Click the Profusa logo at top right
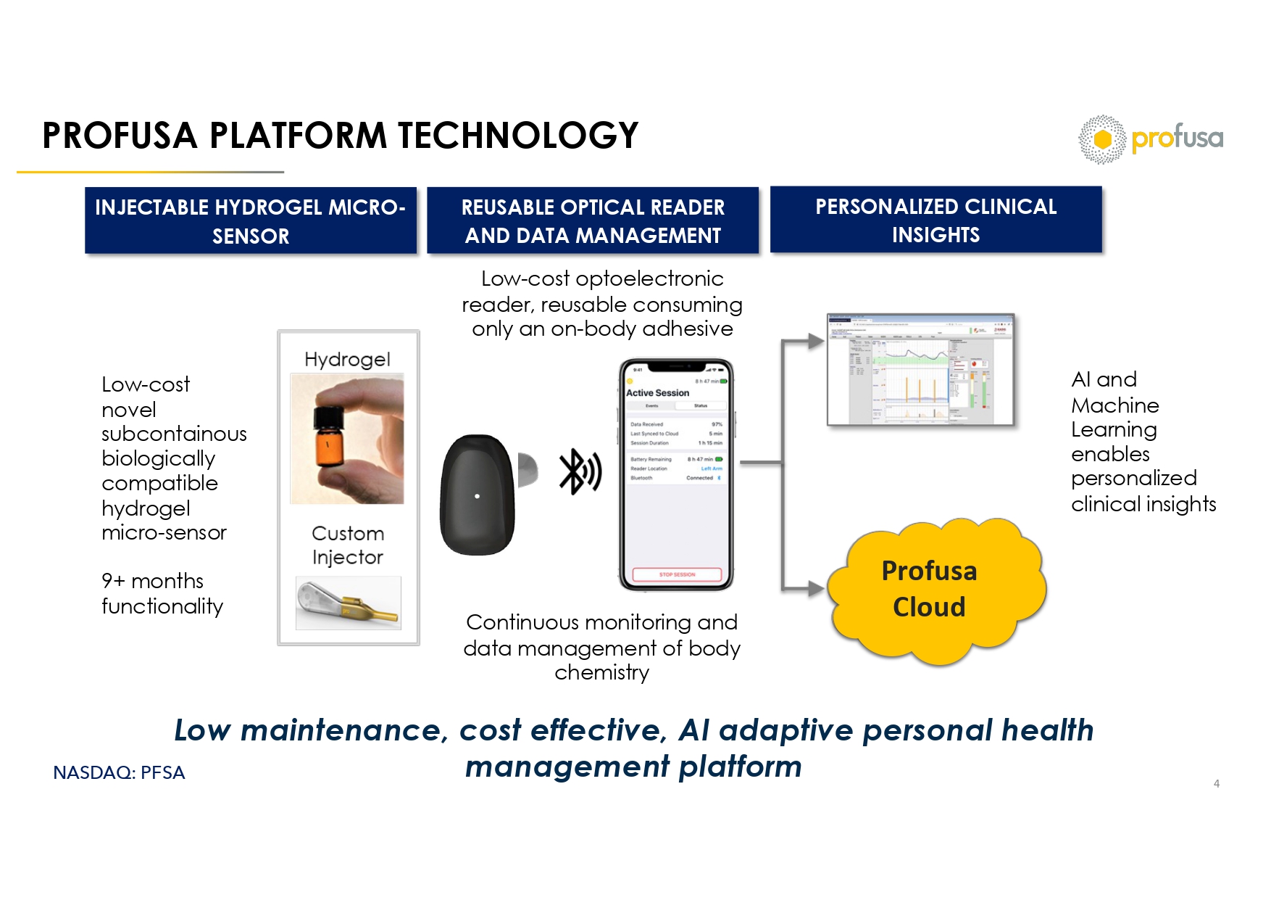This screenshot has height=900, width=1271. (x=1150, y=139)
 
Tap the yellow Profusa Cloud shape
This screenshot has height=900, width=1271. (x=935, y=590)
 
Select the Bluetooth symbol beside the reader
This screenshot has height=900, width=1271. (x=579, y=471)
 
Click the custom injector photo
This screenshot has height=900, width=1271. (x=348, y=603)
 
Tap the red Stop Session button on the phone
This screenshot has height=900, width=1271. (x=677, y=574)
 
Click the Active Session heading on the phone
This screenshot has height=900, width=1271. (x=657, y=393)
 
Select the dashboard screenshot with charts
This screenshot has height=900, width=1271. (x=920, y=369)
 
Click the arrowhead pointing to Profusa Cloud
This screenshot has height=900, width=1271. (x=815, y=589)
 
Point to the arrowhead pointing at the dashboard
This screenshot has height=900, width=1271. (x=815, y=340)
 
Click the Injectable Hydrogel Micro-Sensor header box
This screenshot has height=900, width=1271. (x=251, y=220)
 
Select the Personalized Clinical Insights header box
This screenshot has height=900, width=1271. (x=935, y=220)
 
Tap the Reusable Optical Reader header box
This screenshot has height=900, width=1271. (x=593, y=220)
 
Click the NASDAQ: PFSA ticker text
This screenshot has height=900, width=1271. (x=119, y=773)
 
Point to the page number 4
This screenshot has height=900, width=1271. (x=1217, y=783)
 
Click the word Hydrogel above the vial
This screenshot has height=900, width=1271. (x=347, y=360)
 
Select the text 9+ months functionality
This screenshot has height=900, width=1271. (x=162, y=593)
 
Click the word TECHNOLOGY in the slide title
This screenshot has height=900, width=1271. (x=518, y=136)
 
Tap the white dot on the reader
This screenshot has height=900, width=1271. (x=477, y=496)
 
